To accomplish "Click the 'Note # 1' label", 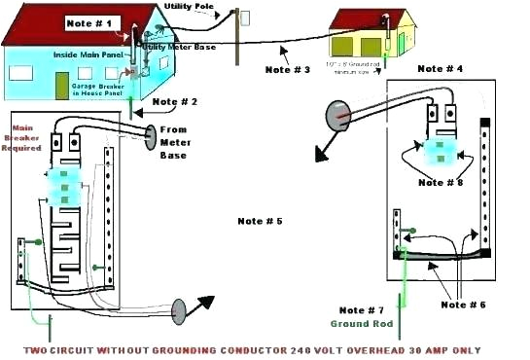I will pos(93,21).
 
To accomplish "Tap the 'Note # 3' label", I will pos(287,69).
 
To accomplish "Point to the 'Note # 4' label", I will pos(440,69).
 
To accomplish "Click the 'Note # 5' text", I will pos(259,221).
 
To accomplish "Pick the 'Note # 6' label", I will pos(464,305).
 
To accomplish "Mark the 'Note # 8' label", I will pos(440,182).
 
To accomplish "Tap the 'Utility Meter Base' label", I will pos(180,47).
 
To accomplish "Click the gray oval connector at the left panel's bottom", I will pos(180,311).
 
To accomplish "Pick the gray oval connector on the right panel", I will pos(337,116).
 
